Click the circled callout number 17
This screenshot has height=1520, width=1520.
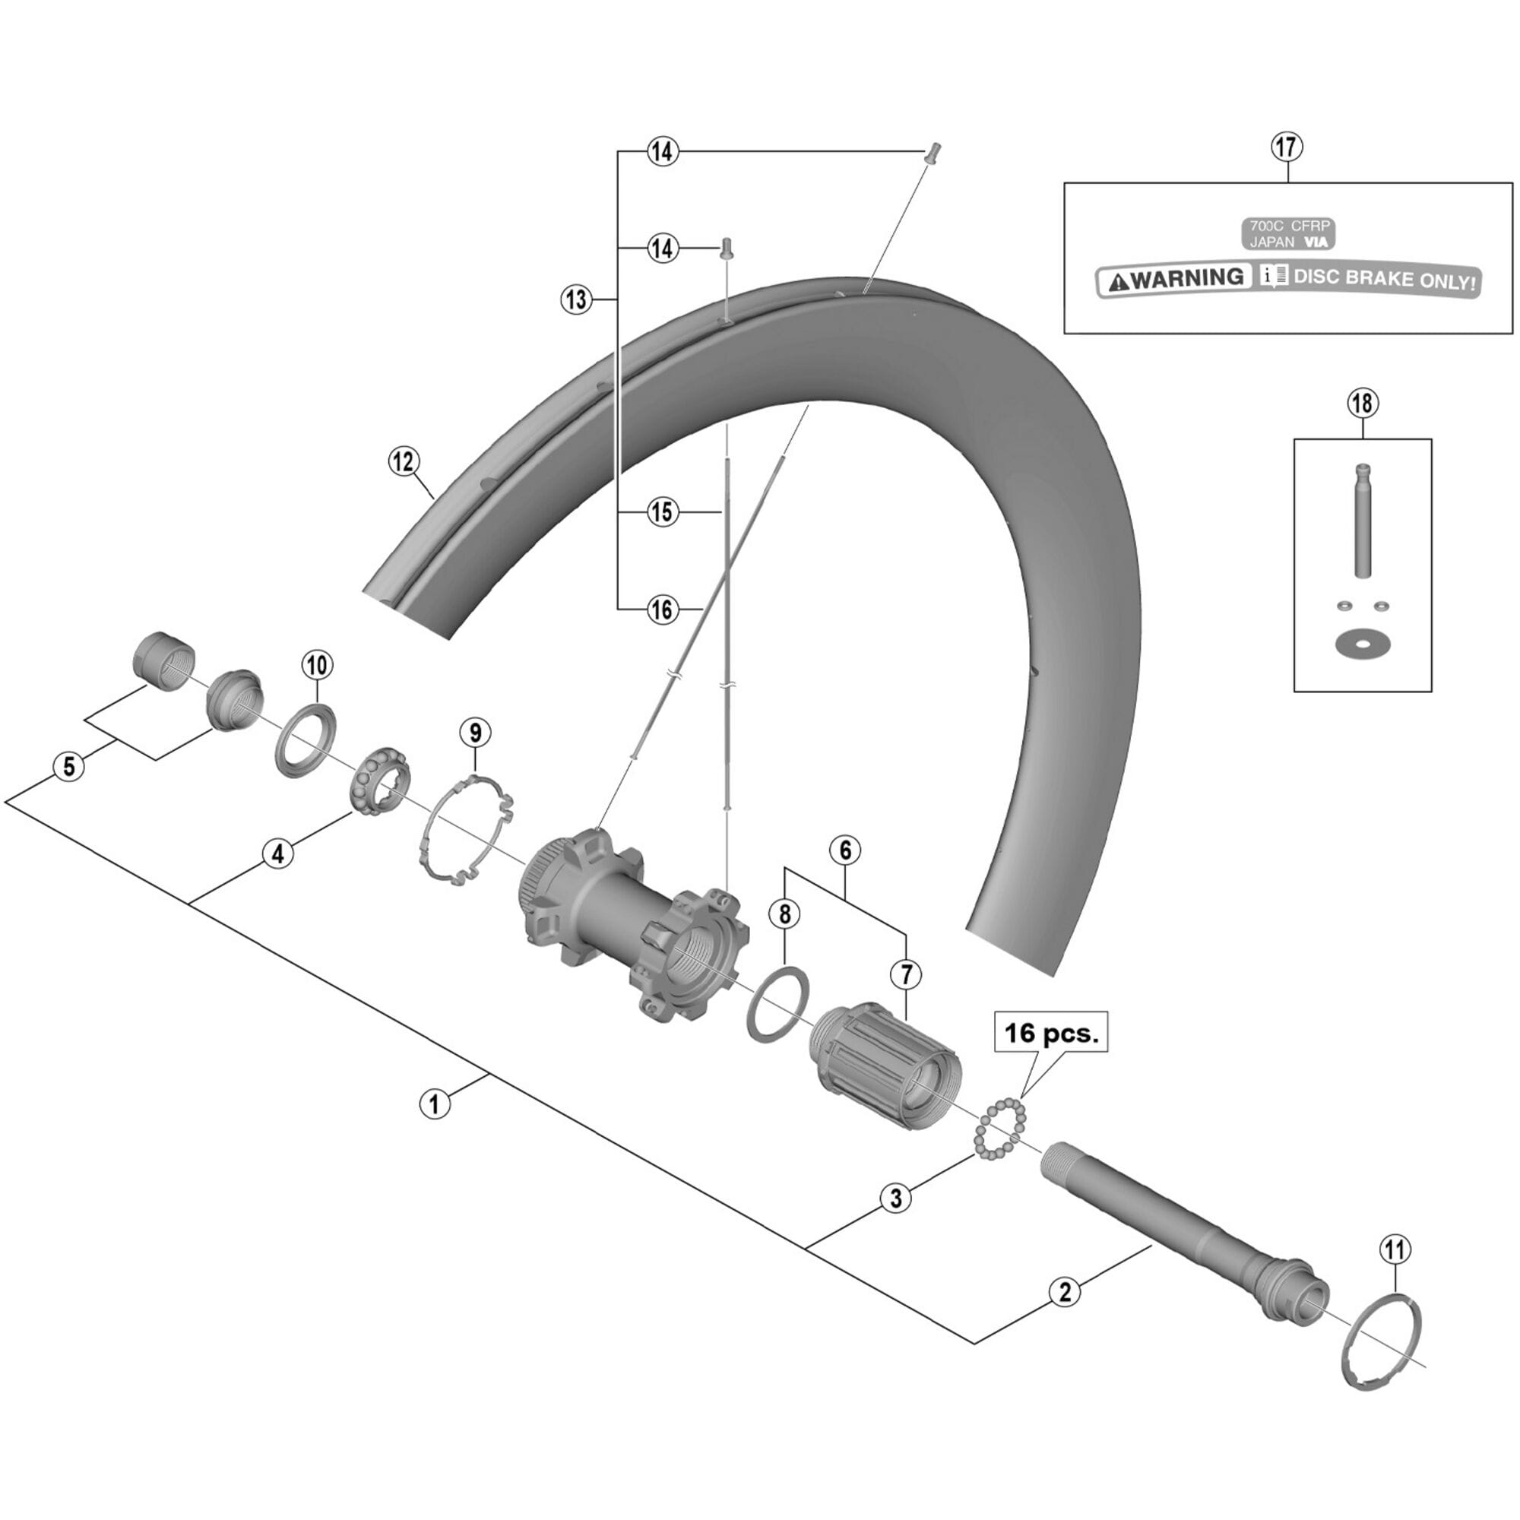point(1287,147)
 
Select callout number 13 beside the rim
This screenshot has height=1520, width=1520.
point(577,299)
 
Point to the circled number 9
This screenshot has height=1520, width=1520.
point(475,733)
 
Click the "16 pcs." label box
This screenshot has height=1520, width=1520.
point(1053,1032)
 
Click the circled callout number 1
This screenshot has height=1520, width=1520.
point(433,1103)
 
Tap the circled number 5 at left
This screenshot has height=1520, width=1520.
point(69,765)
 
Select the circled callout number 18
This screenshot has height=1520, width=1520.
point(1363,404)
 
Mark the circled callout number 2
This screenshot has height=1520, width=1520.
point(1065,1291)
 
